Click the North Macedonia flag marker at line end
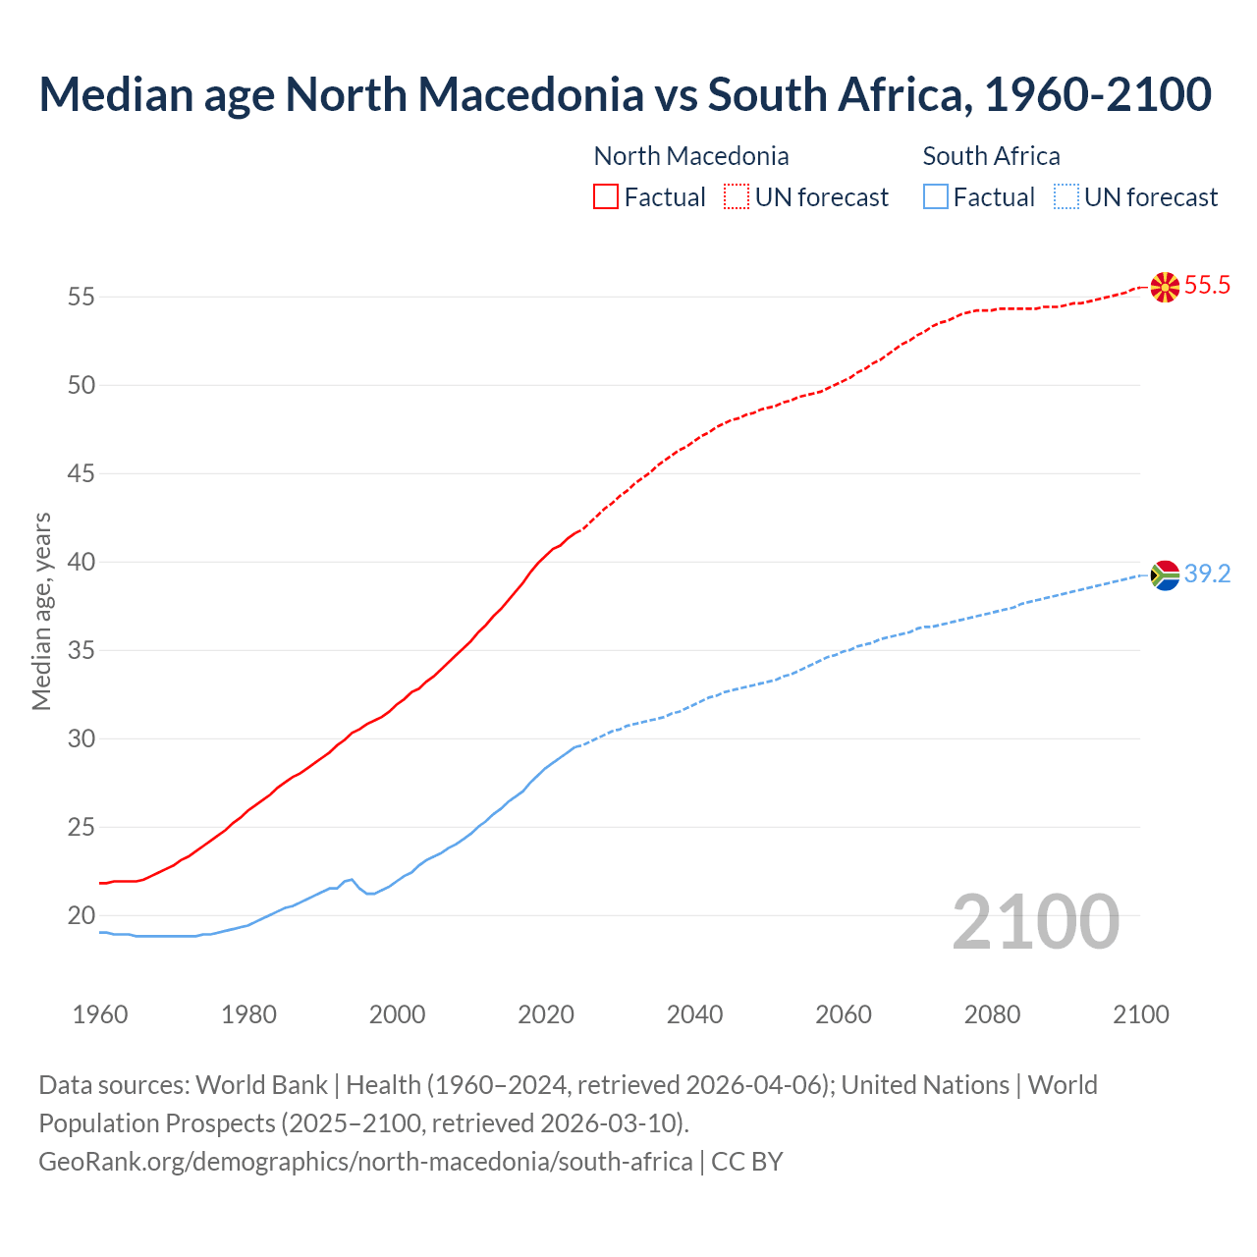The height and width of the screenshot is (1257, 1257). [1165, 287]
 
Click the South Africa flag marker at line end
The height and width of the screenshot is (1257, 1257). [1165, 574]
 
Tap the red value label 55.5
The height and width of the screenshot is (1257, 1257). [1207, 286]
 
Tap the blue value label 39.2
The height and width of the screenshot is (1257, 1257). [1207, 574]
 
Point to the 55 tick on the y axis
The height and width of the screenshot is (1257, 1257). [82, 297]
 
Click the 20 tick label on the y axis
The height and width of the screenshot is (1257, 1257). [82, 915]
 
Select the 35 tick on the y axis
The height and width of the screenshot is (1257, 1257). [82, 650]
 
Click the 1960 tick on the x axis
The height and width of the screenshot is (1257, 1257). [100, 1014]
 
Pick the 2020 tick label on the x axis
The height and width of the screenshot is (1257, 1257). [546, 1014]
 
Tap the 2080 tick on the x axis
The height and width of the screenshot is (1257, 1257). [992, 1014]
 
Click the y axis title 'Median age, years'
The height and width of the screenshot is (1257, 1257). [41, 611]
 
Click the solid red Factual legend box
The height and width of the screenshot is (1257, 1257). [606, 197]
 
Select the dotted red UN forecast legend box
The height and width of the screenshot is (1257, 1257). [737, 197]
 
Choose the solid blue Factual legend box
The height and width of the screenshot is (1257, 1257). [936, 197]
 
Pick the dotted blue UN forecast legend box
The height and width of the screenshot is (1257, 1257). [1066, 197]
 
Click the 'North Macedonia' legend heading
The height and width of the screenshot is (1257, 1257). [691, 156]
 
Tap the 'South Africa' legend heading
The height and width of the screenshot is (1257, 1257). [991, 156]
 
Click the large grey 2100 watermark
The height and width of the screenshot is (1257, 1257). [1035, 921]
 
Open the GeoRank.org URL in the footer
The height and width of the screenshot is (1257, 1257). [365, 1161]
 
